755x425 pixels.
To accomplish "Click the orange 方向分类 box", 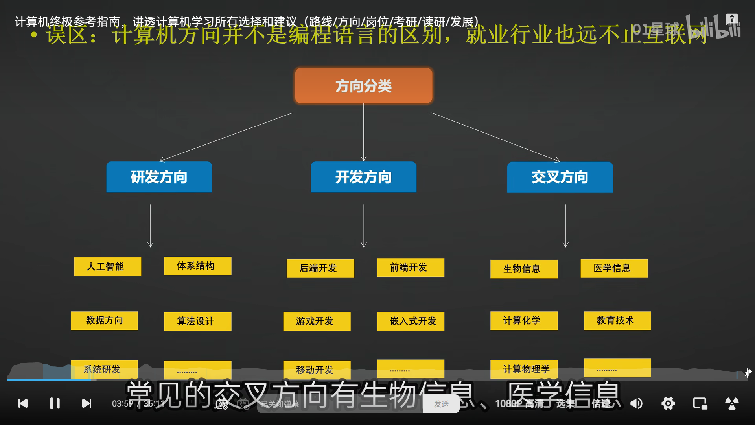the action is [x=363, y=86].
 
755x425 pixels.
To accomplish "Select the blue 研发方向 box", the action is [x=159, y=177].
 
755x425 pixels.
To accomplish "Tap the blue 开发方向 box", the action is [x=363, y=177].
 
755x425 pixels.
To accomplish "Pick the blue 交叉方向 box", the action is [x=560, y=177].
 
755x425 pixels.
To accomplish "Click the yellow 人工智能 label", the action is [x=107, y=267].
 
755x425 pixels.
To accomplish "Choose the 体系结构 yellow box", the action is [x=197, y=266].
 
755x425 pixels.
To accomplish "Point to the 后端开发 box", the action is [x=320, y=268].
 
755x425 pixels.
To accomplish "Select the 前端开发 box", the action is [x=411, y=268].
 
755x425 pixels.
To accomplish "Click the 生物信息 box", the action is [x=524, y=269].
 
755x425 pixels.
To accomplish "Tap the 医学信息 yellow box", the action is [x=614, y=268].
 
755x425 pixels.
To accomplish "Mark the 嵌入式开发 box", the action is [x=411, y=321].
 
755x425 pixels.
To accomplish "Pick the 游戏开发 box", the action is [x=317, y=321].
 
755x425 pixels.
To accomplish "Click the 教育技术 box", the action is [x=617, y=320].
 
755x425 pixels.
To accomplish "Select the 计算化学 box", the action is [x=524, y=320].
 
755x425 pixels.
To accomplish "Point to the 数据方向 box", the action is [x=104, y=320].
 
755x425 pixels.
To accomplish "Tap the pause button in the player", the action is [x=55, y=403].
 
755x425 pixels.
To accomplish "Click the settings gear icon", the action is [x=668, y=403].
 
